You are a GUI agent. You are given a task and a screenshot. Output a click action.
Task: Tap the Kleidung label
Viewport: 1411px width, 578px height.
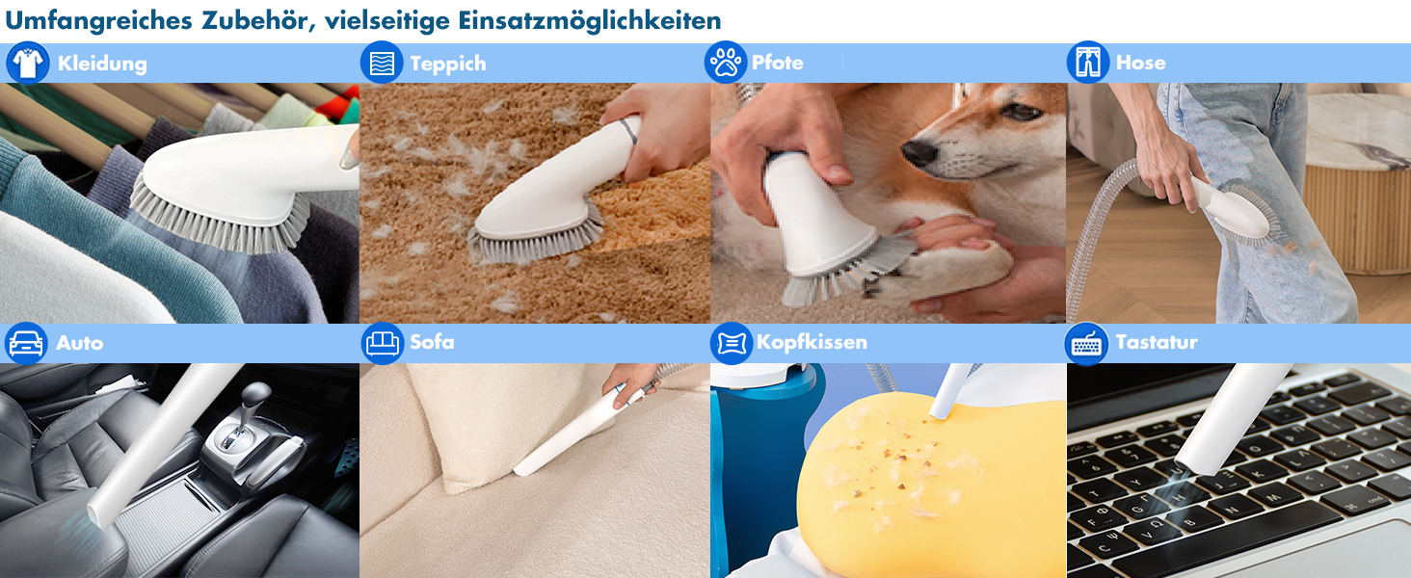coord(102,64)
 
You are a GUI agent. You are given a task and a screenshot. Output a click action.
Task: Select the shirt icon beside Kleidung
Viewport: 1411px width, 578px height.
coord(27,63)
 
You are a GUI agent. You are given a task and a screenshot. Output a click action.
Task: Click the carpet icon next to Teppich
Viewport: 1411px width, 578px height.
coord(381,63)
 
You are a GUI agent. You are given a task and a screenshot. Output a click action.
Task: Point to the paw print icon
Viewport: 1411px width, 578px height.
coord(726,63)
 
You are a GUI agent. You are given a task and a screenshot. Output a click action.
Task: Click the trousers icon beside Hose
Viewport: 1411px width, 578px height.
coord(1088,62)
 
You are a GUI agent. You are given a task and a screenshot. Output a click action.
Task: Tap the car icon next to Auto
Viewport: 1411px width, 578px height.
coord(26,343)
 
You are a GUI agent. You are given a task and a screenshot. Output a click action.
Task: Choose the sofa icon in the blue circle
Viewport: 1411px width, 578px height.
coord(383,343)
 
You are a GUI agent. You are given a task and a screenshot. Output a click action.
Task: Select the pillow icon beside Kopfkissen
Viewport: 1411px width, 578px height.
coord(732,343)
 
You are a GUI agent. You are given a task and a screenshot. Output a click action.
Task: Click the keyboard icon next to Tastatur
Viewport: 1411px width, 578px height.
coord(1086,344)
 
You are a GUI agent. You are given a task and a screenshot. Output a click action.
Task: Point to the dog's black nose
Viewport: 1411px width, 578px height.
coord(918,152)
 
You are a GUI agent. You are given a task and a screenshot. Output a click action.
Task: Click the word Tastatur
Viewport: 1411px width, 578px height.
coord(1156,342)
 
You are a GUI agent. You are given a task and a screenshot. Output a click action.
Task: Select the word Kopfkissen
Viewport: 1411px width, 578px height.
coord(812,342)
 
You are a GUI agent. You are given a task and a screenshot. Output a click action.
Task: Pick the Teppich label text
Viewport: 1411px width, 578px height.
coord(448,64)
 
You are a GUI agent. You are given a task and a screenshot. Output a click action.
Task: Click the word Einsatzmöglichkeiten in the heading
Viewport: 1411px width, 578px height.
coord(589,21)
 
